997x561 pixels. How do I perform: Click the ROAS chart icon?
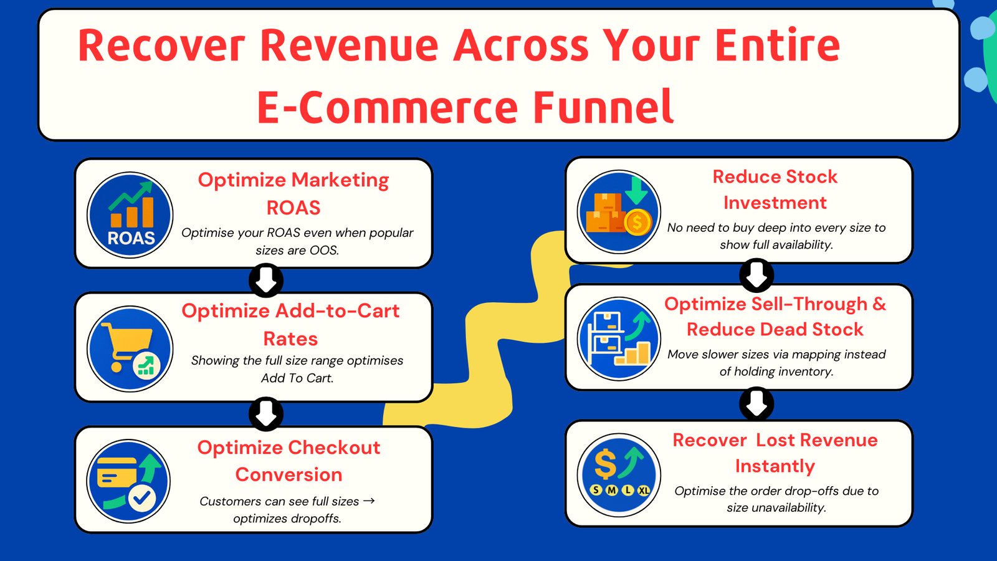click(x=130, y=215)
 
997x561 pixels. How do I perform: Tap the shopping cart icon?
click(x=130, y=348)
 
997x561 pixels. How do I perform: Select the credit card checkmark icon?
click(x=129, y=482)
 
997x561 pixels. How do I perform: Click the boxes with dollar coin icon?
click(x=619, y=212)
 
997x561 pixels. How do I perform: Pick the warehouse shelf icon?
click(x=619, y=338)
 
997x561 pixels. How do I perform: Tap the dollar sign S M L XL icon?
click(x=619, y=475)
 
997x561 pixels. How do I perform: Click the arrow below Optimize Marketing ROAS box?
click(x=266, y=280)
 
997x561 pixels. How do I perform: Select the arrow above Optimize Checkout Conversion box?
click(x=266, y=413)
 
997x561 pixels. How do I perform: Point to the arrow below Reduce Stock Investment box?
click(x=756, y=275)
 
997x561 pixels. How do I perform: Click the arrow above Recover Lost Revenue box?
click(x=756, y=404)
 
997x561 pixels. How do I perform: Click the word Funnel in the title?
click(x=603, y=107)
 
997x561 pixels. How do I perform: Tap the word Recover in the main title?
click(x=161, y=46)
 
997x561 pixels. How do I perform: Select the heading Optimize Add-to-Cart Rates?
click(x=290, y=324)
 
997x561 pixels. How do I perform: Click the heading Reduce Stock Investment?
click(x=775, y=189)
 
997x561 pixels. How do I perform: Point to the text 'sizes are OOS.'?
click(x=297, y=250)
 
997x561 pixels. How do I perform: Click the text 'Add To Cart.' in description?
click(x=297, y=378)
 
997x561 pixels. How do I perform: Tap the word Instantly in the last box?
click(x=775, y=466)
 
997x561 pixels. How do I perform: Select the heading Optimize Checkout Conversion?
click(x=289, y=461)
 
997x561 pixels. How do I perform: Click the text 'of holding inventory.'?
click(x=776, y=372)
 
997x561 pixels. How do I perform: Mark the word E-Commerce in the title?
click(x=387, y=107)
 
